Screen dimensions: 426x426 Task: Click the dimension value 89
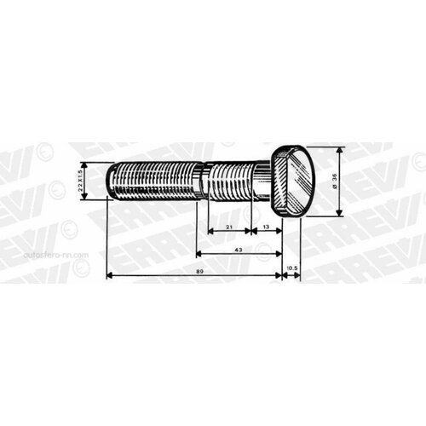click(x=197, y=270)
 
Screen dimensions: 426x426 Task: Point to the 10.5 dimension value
click(x=292, y=269)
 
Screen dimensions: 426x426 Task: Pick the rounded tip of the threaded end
click(x=112, y=181)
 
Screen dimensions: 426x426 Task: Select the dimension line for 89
click(x=153, y=276)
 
